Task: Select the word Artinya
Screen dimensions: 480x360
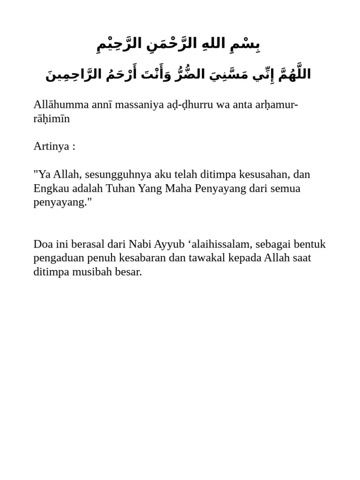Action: [x=51, y=146]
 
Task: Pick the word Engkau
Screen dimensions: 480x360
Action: [x=51, y=188]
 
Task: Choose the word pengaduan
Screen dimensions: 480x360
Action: [x=58, y=258]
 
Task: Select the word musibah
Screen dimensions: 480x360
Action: [x=94, y=272]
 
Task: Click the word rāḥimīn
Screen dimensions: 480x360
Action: [x=52, y=118]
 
